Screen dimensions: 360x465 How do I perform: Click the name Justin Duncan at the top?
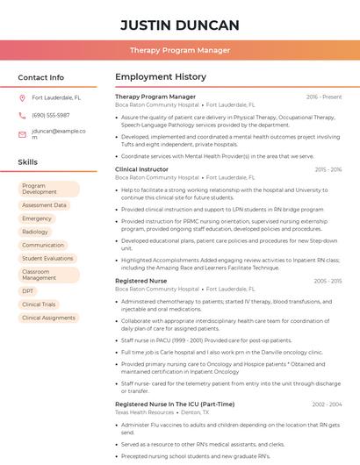[x=179, y=25]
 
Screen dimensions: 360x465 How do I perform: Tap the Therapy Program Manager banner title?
[x=179, y=50]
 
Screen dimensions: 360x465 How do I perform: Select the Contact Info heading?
[x=40, y=77]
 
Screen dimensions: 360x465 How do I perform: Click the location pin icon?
[x=22, y=98]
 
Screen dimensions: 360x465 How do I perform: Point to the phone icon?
[x=22, y=115]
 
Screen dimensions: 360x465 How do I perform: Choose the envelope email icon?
[x=22, y=134]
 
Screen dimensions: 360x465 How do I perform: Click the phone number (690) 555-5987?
[x=51, y=115]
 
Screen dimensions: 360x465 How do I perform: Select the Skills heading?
[x=28, y=162]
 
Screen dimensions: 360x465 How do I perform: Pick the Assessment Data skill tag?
[x=44, y=205]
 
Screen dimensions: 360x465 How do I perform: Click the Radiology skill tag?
[x=35, y=232]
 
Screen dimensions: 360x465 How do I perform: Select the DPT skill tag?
[x=29, y=290]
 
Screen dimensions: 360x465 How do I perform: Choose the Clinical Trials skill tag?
[x=40, y=304]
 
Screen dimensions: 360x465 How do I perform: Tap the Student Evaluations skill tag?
[x=47, y=259]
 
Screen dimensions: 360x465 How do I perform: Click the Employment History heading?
[x=161, y=77]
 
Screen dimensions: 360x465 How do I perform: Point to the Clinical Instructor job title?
[x=141, y=168]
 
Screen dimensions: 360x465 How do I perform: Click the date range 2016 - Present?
[x=324, y=97]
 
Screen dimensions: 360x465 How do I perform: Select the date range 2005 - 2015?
[x=327, y=281]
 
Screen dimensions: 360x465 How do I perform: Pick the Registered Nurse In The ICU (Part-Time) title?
[x=175, y=404]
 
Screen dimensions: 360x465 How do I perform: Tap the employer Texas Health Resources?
[x=144, y=411]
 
